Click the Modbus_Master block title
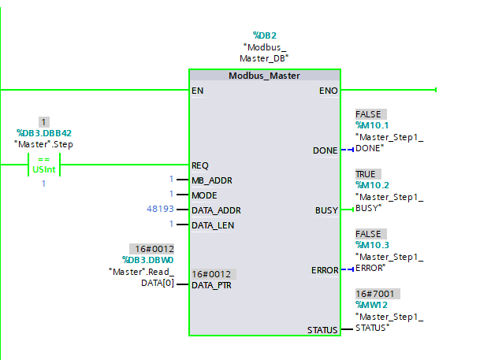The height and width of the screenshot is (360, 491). coord(265,76)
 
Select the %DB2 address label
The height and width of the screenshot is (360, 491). coord(265,35)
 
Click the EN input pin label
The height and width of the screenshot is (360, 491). coord(198,91)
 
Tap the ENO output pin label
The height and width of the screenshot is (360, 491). coord(328,91)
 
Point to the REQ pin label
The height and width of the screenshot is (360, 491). coord(201,165)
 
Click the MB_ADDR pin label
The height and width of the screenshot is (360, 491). coord(212,180)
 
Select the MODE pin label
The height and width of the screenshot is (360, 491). coord(204,195)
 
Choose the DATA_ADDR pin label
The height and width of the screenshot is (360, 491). coord(216,210)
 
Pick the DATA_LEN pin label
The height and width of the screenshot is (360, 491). coord(214,225)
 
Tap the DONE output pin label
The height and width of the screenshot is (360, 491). coord(325,150)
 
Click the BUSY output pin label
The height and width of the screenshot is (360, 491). coord(326,210)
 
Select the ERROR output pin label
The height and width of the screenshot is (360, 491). coord(324,270)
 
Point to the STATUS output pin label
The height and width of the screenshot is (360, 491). coord(322,330)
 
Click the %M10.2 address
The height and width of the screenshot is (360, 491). coord(373,185)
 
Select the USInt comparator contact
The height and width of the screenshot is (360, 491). coord(43,165)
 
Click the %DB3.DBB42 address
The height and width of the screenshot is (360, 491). coord(44,134)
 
